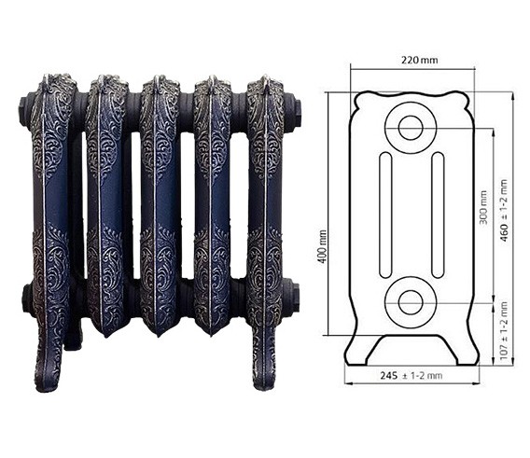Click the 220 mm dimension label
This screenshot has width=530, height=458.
pos(419,61)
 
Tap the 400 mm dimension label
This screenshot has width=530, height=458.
pos(322,247)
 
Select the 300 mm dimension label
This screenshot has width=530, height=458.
pos(483,207)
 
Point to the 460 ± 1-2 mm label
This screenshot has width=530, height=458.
pos(504,211)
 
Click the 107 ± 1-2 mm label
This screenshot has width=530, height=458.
pos(504,331)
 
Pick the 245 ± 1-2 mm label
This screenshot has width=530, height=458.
pos(411,376)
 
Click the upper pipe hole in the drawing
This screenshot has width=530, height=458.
pos(411,128)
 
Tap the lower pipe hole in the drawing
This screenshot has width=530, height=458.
pos(411,302)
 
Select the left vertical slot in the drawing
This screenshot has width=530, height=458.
pos(385,215)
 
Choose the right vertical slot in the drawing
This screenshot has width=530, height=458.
pos(438,215)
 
